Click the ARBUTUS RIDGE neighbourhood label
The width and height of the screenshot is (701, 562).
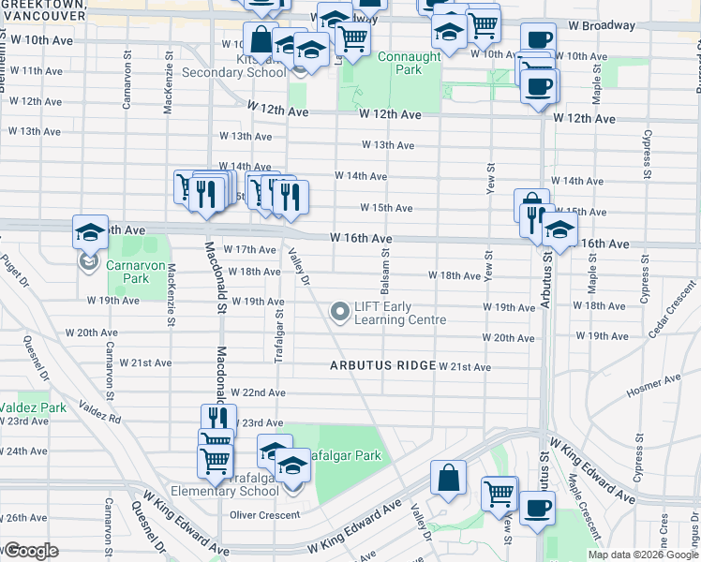pyautogui.click(x=382, y=365)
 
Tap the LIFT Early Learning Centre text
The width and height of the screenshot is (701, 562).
pyautogui.click(x=397, y=313)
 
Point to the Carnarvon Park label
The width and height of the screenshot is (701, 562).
pyautogui.click(x=127, y=272)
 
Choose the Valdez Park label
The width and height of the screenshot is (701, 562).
pyautogui.click(x=33, y=407)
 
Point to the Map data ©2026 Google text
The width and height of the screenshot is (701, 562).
pyautogui.click(x=643, y=555)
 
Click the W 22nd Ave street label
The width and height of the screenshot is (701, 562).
pyautogui.click(x=258, y=392)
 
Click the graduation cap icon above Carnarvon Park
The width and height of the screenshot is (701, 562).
pyautogui.click(x=90, y=231)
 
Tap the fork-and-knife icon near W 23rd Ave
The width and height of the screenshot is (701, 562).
pyautogui.click(x=216, y=418)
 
